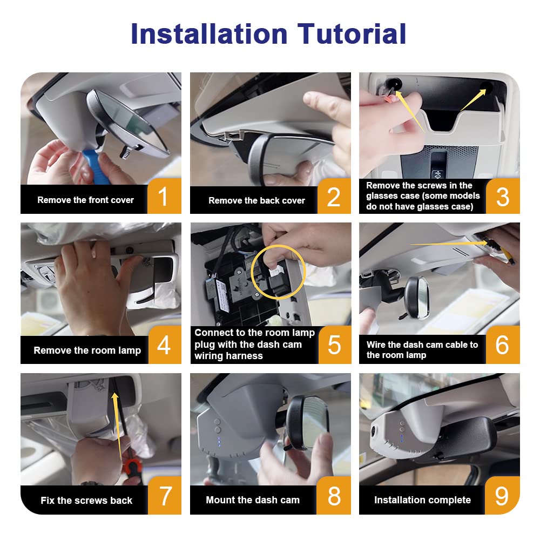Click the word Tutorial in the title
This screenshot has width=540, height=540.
352,33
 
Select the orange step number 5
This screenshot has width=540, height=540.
334,345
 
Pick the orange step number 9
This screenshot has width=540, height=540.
502,496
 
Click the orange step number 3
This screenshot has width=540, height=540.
503,197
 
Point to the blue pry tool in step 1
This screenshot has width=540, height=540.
93,165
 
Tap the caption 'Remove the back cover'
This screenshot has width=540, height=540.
256,200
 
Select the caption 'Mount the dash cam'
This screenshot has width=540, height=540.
253,500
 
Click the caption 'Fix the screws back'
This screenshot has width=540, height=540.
86,500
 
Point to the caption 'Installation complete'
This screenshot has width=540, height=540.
423,500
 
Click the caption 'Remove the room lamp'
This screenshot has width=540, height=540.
87,350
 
